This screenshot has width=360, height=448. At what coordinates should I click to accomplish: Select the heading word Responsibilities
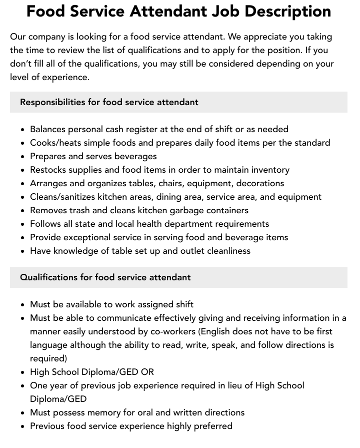tap(52, 102)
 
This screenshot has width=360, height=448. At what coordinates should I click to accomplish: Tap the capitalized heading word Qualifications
tap(48, 277)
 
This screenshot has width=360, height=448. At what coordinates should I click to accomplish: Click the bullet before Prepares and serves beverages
tap(23, 157)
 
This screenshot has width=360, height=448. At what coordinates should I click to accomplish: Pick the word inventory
tap(270, 170)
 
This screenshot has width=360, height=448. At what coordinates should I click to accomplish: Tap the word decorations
tap(260, 183)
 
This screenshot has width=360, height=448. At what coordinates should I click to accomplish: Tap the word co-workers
tap(171, 331)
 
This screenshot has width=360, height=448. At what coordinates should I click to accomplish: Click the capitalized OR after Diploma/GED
tap(147, 372)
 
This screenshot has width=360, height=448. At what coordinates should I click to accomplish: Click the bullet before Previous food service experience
tap(23, 426)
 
